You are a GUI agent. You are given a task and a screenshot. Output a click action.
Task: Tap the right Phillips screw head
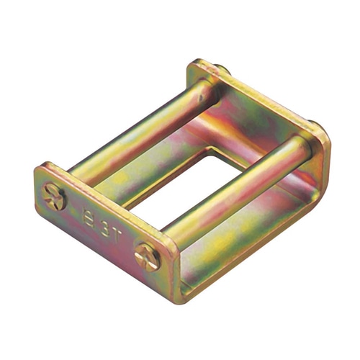tap(148, 256)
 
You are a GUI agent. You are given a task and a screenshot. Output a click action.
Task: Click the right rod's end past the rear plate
tap(315, 128)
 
